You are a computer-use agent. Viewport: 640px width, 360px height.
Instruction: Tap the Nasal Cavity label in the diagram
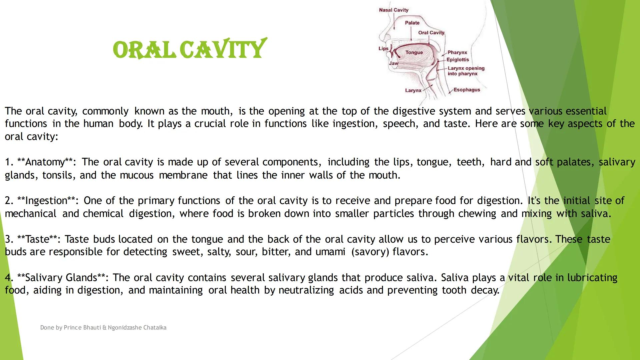coord(393,10)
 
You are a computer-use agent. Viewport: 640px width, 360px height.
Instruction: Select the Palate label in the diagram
coord(412,23)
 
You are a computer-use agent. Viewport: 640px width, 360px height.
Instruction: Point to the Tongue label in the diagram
coord(414,52)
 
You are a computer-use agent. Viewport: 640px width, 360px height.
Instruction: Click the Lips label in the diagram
coord(383,48)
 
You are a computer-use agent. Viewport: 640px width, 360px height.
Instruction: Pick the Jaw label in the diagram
coord(393,63)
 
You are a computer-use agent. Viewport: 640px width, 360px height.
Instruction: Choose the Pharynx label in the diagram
coord(457,52)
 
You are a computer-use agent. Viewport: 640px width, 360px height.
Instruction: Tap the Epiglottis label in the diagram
coord(458,60)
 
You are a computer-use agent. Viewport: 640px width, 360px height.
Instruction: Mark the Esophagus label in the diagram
coord(466,90)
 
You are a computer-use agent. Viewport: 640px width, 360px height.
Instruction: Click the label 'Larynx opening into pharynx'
coord(466,71)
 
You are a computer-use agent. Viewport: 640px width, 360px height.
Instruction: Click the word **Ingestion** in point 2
coord(46,201)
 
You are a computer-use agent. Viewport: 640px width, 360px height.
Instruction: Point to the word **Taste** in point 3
coord(37,239)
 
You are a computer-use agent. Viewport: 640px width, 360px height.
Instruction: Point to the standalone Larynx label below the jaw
coord(413,90)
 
